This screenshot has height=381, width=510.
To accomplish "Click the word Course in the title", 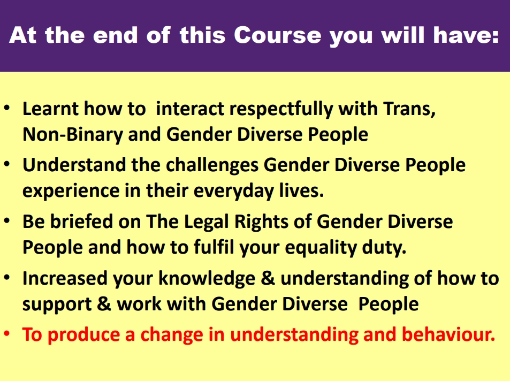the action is (x=277, y=35).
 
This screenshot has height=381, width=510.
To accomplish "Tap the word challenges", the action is (x=212, y=165).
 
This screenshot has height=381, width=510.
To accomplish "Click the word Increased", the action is (x=65, y=278).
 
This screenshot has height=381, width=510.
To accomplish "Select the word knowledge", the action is (x=207, y=279).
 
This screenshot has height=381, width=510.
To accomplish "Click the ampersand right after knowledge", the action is (x=268, y=278).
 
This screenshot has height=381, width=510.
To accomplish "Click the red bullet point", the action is (x=7, y=334).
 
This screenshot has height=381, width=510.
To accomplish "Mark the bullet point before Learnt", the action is (x=7, y=108).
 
